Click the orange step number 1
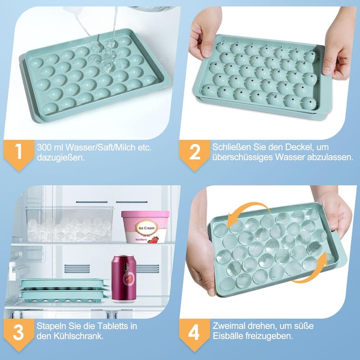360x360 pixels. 18,152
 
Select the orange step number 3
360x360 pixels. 18,333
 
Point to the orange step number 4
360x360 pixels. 194,333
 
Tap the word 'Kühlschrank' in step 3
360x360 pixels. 78,336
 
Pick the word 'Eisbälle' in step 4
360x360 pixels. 228,336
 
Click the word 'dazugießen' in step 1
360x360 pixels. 61,158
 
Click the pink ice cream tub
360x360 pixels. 145,227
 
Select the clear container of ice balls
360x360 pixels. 70,224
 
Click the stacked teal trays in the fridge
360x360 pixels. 64,290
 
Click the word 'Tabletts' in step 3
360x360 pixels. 113,326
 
